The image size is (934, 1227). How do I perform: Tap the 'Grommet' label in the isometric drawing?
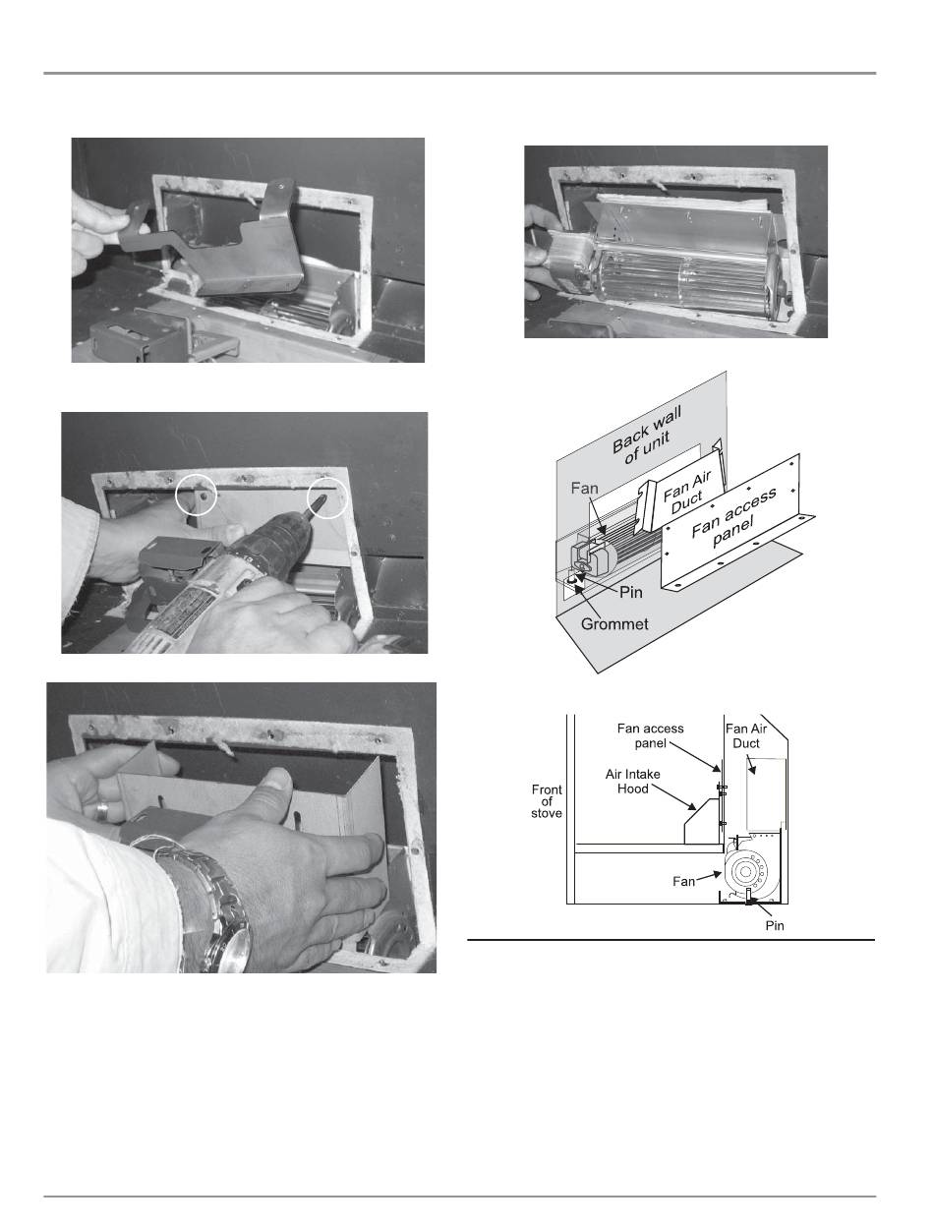coord(614,624)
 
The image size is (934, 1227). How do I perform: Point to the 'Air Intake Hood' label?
coord(633,782)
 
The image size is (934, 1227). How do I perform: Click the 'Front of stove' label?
coord(547,801)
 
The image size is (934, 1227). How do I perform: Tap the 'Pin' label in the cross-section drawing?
coord(774,925)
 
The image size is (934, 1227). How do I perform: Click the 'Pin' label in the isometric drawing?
coord(631,592)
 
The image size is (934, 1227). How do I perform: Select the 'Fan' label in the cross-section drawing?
coord(683,881)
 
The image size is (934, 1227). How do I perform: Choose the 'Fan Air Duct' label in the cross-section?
coord(746,735)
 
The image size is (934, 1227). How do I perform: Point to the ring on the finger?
coord(101,812)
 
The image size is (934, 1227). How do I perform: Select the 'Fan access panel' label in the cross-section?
coord(650,735)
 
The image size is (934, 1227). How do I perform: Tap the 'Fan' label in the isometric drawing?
coord(584,488)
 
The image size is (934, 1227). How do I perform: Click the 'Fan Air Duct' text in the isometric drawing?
coord(686,493)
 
